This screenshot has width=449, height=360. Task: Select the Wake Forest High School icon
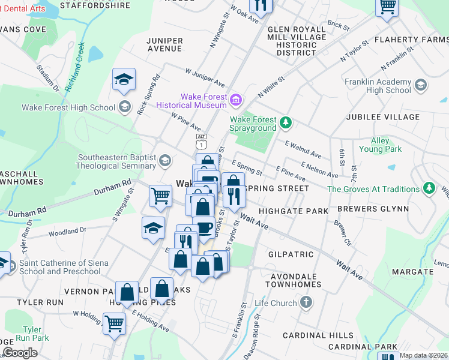pos(124,107)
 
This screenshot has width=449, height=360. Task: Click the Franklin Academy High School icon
pos(421,86)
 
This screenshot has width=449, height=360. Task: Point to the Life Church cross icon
pos(306,302)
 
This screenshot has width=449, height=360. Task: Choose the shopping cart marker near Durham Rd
pos(160,195)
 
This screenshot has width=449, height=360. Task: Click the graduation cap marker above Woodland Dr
pos(153,227)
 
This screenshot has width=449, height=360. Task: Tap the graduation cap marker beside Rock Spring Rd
pos(124,79)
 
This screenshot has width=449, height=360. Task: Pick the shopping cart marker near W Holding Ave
pos(114,323)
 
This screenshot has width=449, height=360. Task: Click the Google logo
pos(20,353)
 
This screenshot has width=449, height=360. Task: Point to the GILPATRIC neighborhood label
pos(291,254)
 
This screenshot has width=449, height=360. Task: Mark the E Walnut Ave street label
pos(303,150)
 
